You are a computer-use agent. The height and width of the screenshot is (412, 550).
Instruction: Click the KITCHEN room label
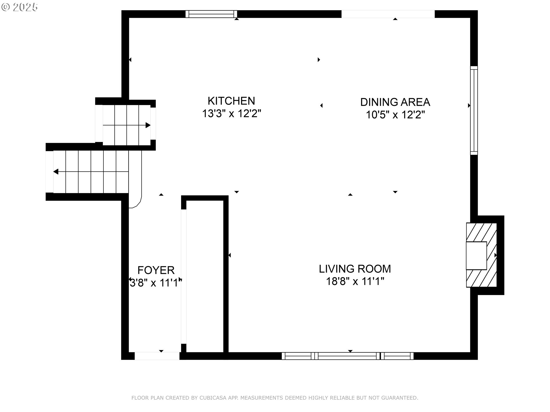click(x=231, y=101)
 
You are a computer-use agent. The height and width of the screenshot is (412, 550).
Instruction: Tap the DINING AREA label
click(x=395, y=102)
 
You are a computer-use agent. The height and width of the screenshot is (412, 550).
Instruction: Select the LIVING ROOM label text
click(x=355, y=269)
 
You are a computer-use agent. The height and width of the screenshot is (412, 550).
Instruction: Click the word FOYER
click(x=156, y=270)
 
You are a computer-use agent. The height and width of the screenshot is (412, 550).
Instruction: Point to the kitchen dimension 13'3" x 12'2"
click(x=231, y=114)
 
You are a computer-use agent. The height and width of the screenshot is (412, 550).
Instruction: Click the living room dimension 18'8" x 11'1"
click(x=355, y=282)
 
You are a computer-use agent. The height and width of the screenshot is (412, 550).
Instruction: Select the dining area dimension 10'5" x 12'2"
click(x=395, y=115)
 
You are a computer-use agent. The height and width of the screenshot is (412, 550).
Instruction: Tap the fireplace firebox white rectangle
click(x=476, y=255)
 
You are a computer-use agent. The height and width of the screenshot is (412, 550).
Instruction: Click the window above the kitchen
click(x=211, y=14)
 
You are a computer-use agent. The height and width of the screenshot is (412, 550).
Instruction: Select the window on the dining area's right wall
click(x=474, y=110)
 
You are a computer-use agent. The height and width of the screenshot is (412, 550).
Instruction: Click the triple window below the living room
click(x=347, y=356)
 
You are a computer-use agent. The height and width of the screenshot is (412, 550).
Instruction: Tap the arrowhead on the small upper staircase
click(x=148, y=125)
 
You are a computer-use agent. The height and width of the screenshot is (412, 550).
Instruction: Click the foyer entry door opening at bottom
click(x=157, y=356)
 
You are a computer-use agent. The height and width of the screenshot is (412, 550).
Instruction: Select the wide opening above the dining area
click(x=388, y=14)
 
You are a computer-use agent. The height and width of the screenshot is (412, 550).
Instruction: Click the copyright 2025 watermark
click(x=19, y=7)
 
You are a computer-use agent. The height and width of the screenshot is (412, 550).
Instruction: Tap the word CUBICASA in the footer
click(x=212, y=398)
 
